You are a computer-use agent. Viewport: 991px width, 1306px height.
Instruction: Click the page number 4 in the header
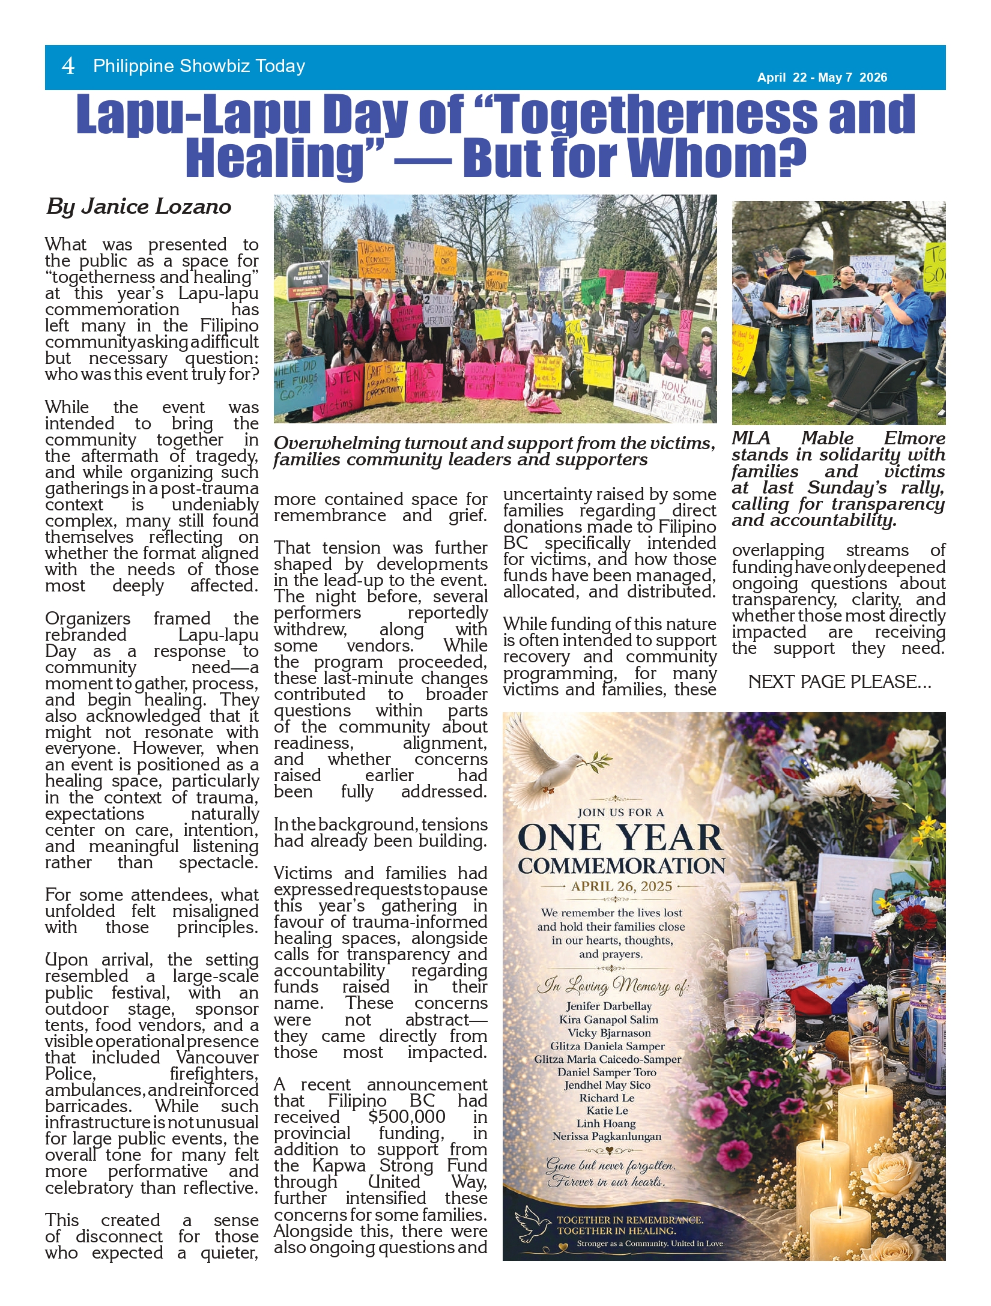click(x=68, y=66)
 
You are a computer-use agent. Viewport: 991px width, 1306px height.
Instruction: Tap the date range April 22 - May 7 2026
click(x=822, y=77)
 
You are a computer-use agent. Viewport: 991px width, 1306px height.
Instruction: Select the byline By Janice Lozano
click(x=139, y=207)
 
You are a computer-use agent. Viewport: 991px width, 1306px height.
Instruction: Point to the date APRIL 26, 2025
click(x=621, y=886)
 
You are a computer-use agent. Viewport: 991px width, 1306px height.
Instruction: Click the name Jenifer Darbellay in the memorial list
click(x=608, y=1006)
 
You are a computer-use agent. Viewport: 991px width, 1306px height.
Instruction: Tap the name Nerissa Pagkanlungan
click(x=607, y=1136)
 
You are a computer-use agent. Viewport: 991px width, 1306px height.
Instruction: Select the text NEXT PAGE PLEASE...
click(x=839, y=682)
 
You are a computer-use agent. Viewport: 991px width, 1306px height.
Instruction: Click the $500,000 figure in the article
click(x=407, y=1117)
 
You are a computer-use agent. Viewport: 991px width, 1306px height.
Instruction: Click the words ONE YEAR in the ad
click(x=620, y=838)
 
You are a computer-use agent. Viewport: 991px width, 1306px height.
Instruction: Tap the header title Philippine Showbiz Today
click(x=199, y=66)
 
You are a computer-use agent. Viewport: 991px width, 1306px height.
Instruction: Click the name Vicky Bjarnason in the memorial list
click(x=609, y=1033)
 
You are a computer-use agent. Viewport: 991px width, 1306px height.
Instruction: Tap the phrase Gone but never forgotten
click(x=610, y=1165)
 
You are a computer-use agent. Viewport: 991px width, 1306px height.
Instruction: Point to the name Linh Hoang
click(x=606, y=1123)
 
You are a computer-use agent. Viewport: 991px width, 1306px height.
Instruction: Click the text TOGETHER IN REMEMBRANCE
click(x=629, y=1220)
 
